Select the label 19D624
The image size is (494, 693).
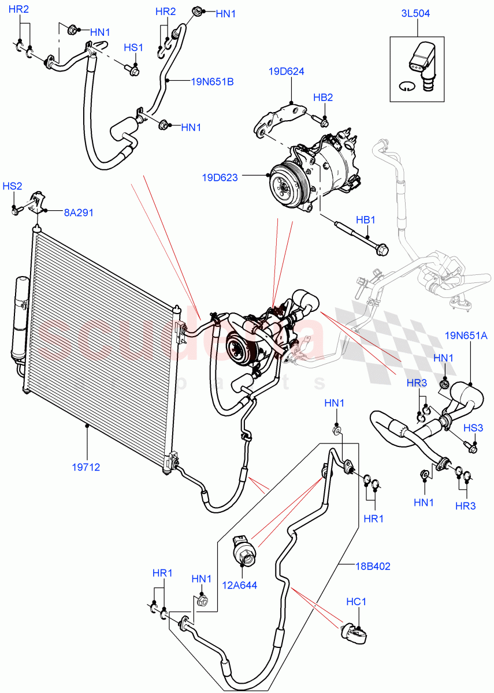(x=286, y=72)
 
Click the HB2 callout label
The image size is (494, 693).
(x=323, y=97)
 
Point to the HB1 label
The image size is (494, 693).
(x=365, y=221)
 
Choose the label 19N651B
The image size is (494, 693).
(x=212, y=81)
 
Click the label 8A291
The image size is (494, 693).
(x=79, y=213)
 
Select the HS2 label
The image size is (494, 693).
(x=12, y=186)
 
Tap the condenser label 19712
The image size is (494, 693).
(x=86, y=467)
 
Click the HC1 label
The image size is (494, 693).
(x=356, y=602)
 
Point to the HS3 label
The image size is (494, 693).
(x=473, y=427)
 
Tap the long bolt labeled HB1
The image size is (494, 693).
(x=358, y=236)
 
